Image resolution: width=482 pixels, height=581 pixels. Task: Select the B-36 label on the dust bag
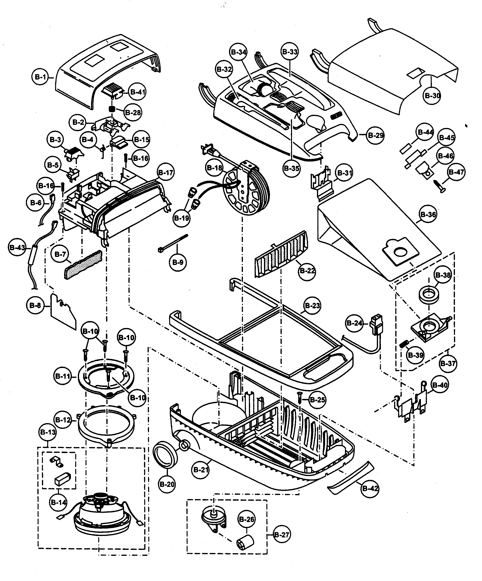coord(428,214)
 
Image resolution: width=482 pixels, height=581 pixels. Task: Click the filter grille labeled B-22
coord(281,253)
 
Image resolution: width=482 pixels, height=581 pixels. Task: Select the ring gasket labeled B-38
coord(429,296)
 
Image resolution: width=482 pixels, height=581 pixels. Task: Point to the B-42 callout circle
coord(370,488)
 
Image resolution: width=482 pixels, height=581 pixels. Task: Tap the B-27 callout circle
coord(282,535)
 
